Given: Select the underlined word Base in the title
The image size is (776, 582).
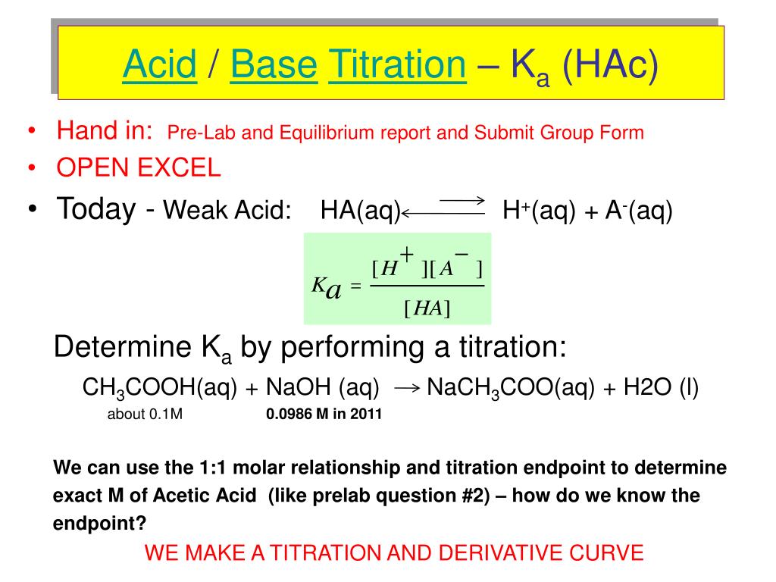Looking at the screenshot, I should click(x=274, y=65).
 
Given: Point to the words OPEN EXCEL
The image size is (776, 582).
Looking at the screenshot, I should click(x=139, y=168).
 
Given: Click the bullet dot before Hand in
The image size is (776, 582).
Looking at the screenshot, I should click(x=31, y=133).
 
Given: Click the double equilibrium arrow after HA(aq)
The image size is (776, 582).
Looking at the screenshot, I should click(x=443, y=208).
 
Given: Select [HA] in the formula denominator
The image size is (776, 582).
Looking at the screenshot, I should click(x=427, y=308).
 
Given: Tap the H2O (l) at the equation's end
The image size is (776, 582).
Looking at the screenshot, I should click(x=661, y=388).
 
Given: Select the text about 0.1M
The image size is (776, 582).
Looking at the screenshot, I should click(x=145, y=415).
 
